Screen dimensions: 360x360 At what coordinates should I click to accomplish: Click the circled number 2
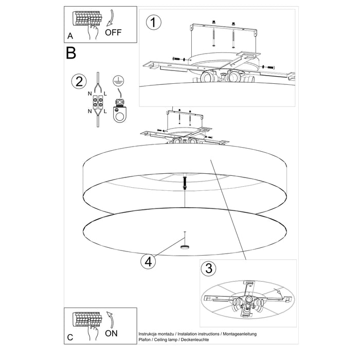tap(78, 81)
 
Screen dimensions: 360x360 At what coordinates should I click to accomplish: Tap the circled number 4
tap(148, 261)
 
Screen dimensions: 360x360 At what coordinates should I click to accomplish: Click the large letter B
tap(71, 53)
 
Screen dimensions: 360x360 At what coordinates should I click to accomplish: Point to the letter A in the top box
tap(70, 37)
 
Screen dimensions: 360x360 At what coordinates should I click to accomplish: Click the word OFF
tap(114, 32)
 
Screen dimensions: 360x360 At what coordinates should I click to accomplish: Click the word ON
tap(112, 333)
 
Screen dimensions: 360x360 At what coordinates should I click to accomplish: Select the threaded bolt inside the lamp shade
tap(184, 183)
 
